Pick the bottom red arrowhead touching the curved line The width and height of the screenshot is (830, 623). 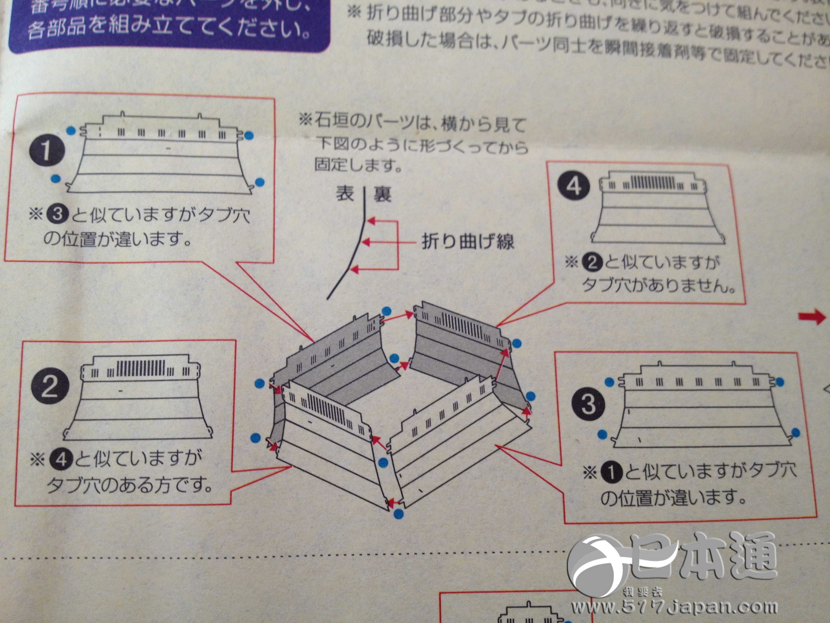[x=354, y=269]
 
